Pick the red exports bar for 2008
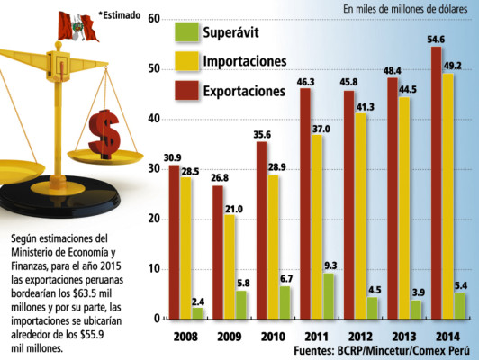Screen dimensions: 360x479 tap(174, 242)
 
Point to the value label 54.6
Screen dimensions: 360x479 tap(437, 39)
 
